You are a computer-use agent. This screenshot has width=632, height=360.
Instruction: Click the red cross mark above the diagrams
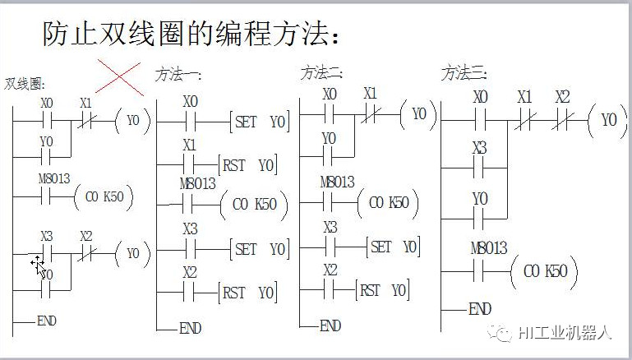[119, 77]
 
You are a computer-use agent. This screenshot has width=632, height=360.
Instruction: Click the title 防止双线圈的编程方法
[186, 33]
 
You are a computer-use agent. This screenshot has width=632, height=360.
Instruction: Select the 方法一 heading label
[178, 75]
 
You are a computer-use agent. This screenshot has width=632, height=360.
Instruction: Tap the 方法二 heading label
[321, 73]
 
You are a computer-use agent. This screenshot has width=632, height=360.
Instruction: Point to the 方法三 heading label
[464, 73]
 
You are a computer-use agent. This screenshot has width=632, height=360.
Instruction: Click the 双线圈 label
[24, 84]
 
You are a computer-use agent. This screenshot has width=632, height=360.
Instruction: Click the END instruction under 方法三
[480, 309]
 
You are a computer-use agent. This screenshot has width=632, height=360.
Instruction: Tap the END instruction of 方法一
[190, 328]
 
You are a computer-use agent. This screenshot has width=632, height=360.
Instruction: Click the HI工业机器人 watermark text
[565, 333]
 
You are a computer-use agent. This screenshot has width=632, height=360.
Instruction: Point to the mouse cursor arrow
[39, 267]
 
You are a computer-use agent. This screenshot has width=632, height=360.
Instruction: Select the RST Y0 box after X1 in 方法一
[247, 165]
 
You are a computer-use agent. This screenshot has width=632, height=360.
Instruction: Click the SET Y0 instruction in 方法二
[394, 247]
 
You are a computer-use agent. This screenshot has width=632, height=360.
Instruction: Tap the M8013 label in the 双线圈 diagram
[54, 178]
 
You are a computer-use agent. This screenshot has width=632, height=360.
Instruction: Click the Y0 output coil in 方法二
[419, 114]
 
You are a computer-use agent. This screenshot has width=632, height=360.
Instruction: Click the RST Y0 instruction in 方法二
[382, 290]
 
